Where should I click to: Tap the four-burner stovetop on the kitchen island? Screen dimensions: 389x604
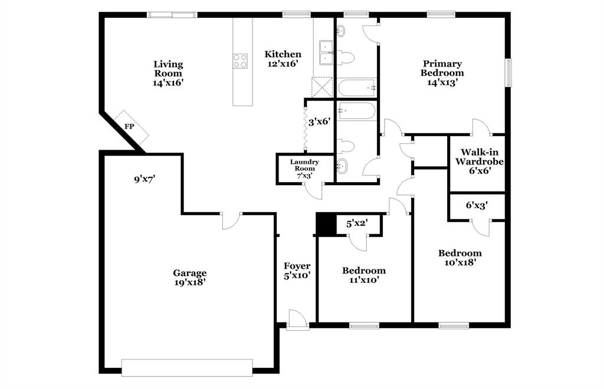240,60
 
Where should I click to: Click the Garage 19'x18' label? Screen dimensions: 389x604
189,277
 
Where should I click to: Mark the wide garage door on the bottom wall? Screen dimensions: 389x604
187,367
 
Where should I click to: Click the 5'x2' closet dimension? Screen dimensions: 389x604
357,223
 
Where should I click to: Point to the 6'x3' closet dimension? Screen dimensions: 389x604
477,205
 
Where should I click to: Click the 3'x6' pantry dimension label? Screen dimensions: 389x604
319,122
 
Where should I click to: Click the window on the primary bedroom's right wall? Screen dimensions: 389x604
508,72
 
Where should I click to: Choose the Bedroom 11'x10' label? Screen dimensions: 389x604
364,275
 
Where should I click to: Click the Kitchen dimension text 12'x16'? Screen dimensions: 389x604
283,64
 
